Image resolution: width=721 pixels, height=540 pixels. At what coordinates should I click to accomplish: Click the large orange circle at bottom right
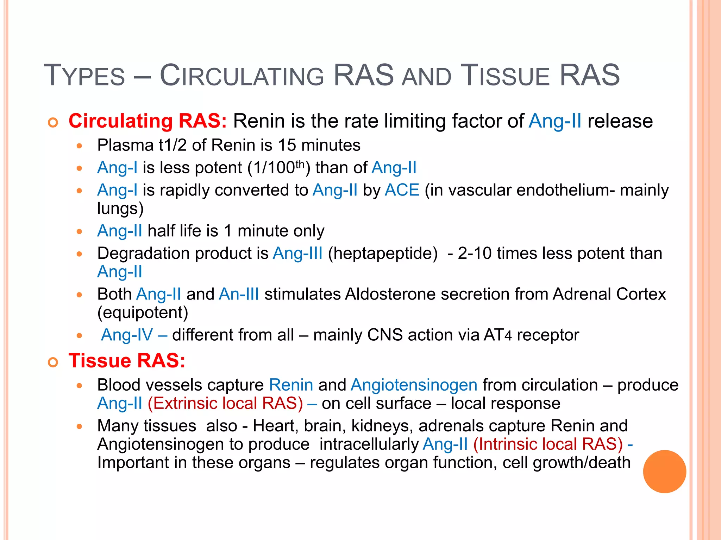pos(664,471)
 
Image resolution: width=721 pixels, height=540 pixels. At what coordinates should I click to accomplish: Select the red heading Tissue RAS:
pos(127,361)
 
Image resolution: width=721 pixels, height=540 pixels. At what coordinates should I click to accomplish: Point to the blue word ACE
pos(402,190)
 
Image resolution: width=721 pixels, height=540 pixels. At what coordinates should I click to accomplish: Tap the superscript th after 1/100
pos(300,164)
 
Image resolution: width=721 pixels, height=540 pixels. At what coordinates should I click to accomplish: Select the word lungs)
pos(120,208)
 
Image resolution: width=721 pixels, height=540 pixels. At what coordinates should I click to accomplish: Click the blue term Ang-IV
pos(127,335)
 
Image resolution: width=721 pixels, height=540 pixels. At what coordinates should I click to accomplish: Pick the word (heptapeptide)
pos(383,253)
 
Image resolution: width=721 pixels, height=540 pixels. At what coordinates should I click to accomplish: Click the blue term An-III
pos(239,294)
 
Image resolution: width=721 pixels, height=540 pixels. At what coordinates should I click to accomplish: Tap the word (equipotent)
pos(143,313)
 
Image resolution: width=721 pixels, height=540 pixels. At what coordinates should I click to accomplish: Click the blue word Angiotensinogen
pos(414,385)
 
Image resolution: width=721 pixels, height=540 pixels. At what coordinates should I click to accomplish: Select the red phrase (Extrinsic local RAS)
pos(225,403)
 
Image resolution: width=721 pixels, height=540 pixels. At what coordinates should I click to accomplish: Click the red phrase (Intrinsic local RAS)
pos(548,444)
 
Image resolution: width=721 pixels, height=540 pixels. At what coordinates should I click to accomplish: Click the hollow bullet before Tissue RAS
pos(53,362)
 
